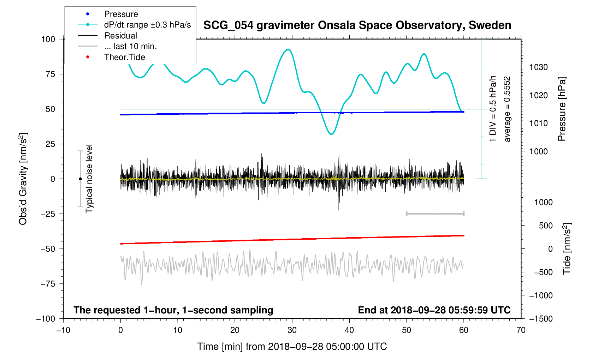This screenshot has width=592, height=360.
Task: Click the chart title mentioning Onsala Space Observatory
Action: coord(357,25)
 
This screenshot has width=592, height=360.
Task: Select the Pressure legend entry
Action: coord(121,14)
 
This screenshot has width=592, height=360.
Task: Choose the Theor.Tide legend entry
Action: coord(124,57)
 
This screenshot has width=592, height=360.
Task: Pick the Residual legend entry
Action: coord(120,36)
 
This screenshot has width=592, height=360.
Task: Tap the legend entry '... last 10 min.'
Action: coord(130,46)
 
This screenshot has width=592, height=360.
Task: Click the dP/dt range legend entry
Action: coord(147,25)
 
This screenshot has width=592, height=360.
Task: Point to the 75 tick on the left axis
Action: coord(50,74)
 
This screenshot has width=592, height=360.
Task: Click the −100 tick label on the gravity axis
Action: coord(46,319)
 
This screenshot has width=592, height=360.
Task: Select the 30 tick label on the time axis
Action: coord(292,330)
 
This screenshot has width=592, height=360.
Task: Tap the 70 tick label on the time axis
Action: coord(521,330)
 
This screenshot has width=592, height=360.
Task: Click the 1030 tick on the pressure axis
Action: coord(538,67)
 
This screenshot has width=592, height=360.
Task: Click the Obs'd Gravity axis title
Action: coord(23,179)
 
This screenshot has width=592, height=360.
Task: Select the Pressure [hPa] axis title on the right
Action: coord(562,109)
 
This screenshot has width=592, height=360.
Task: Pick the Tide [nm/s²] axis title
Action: coord(567,249)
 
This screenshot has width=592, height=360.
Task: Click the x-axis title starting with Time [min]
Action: coord(292,347)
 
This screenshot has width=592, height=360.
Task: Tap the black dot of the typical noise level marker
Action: coord(80,179)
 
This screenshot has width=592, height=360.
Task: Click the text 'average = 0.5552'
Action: coord(507,109)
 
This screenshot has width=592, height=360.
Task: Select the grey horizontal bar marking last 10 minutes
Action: coord(435,214)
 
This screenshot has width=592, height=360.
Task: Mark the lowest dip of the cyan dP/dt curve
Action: coord(331,134)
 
